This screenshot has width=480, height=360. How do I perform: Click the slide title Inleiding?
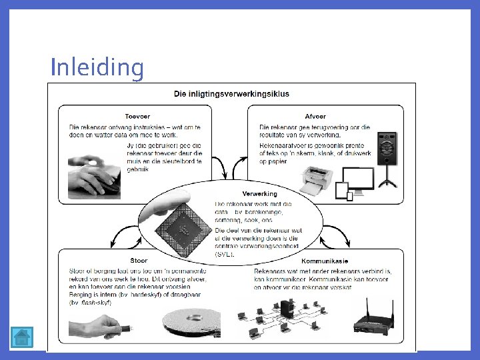click(97, 67)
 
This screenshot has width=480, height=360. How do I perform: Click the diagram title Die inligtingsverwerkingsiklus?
click(231, 94)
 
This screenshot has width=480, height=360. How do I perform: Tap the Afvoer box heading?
click(315, 115)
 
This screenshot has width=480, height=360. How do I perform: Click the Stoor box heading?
click(139, 261)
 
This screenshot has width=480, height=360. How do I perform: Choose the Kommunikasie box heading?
click(324, 261)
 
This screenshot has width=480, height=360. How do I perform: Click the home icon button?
click(22, 337)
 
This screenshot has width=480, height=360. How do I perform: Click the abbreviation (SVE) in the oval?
click(225, 254)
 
